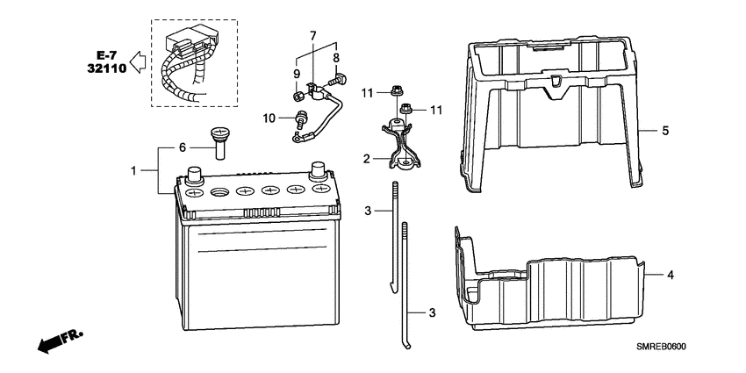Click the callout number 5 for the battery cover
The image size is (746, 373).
pyautogui.click(x=665, y=131)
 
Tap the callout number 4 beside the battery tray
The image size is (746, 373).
pyautogui.click(x=670, y=275)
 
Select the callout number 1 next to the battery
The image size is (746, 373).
pyautogui.click(x=134, y=170)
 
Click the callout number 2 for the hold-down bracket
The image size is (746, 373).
pyautogui.click(x=366, y=159)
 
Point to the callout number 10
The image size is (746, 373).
pyautogui.click(x=269, y=118)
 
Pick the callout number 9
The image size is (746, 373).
pyautogui.click(x=297, y=74)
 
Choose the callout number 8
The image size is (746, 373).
pyautogui.click(x=336, y=58)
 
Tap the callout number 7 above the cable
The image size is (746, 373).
pyautogui.click(x=312, y=36)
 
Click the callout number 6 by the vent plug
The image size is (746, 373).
pyautogui.click(x=183, y=147)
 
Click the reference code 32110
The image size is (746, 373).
pyautogui.click(x=107, y=68)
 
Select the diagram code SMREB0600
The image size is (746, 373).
pyautogui.click(x=662, y=348)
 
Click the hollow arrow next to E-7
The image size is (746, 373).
pyautogui.click(x=138, y=63)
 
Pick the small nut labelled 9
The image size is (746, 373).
pyautogui.click(x=297, y=97)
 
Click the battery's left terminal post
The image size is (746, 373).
pyautogui.click(x=194, y=175)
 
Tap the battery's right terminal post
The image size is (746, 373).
pyautogui.click(x=318, y=172)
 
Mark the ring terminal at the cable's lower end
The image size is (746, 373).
pyautogui.click(x=297, y=139)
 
